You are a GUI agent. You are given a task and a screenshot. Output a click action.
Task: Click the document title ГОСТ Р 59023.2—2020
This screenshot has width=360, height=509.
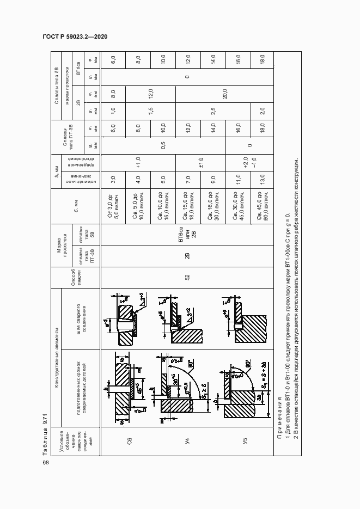coord(75,36)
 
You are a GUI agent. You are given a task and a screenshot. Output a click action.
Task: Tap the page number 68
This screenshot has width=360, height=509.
coord(46,463)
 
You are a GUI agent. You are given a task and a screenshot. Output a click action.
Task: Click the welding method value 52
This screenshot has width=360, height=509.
coord(187,277)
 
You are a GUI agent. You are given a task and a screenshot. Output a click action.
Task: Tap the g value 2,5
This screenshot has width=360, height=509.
coord(213,109)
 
